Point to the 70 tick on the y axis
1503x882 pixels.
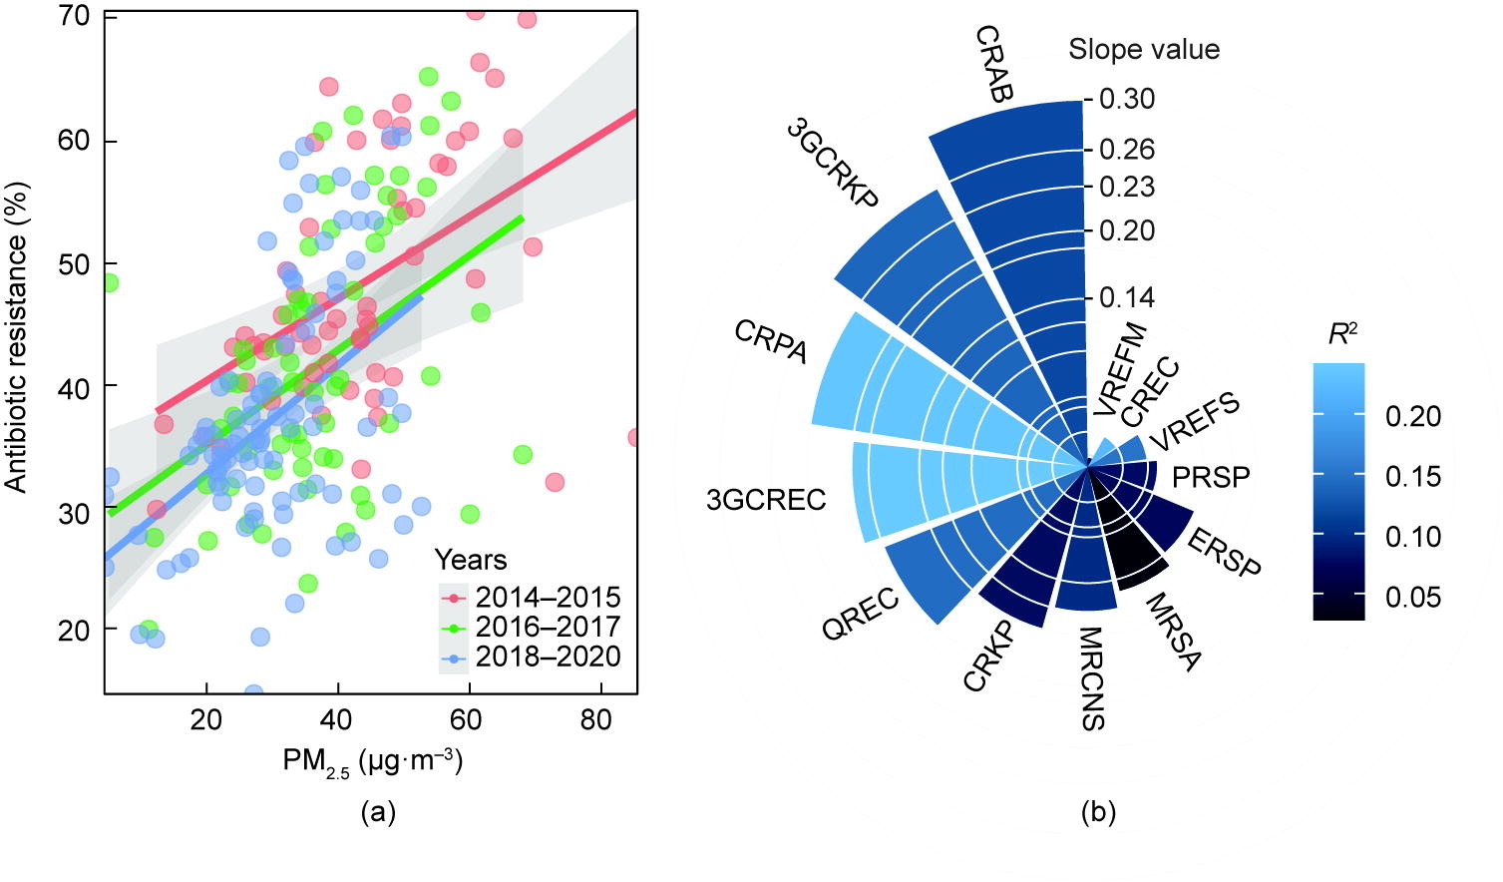(x=75, y=17)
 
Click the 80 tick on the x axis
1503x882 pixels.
(x=596, y=719)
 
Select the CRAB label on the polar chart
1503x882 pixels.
(x=993, y=64)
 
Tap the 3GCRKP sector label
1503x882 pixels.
(x=832, y=163)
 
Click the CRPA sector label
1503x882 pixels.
(x=770, y=342)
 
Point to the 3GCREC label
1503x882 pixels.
(x=766, y=500)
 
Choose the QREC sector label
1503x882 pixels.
(x=861, y=616)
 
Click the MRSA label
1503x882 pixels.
(x=1173, y=632)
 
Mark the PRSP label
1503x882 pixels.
(x=1211, y=477)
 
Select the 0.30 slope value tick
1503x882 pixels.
(x=1127, y=99)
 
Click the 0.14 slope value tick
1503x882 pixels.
(x=1127, y=297)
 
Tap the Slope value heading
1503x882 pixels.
(x=1144, y=49)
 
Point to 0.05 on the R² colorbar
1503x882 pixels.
(x=1413, y=597)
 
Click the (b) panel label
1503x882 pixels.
(x=1098, y=812)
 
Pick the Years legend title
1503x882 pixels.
(x=470, y=561)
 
